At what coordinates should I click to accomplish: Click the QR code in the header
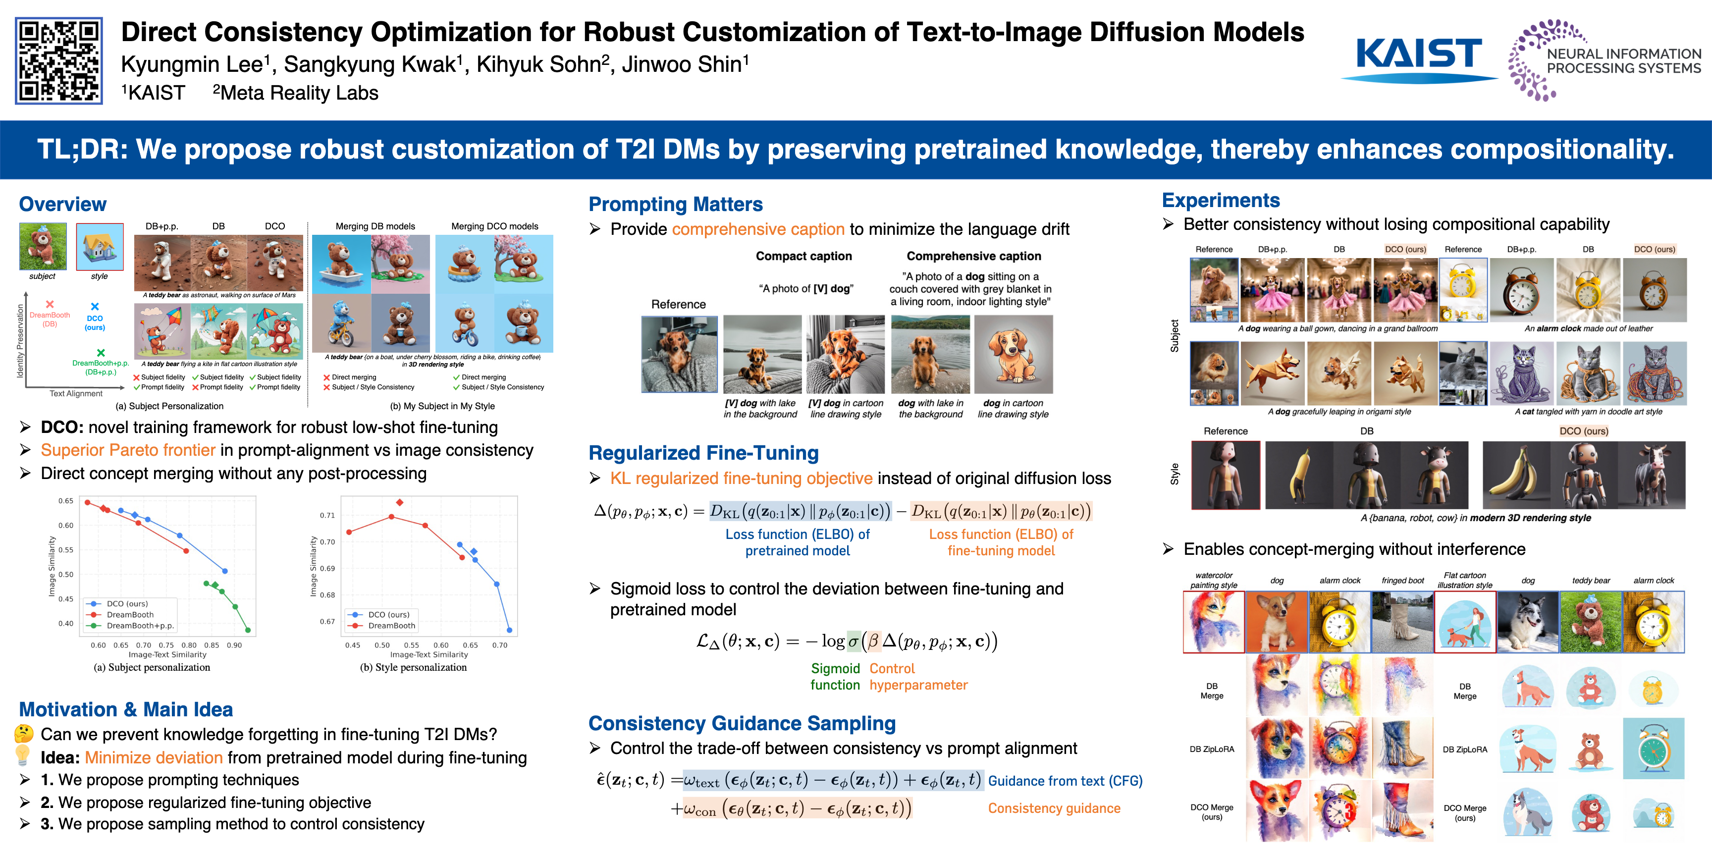[58, 60]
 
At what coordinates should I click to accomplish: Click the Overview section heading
[62, 204]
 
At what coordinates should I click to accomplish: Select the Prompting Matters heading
[675, 204]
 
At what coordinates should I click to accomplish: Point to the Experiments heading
[1221, 200]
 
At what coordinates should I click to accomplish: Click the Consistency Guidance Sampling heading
[742, 723]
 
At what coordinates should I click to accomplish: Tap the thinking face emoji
[24, 734]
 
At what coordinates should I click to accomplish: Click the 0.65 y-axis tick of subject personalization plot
[66, 500]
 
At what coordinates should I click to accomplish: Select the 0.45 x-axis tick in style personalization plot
[352, 644]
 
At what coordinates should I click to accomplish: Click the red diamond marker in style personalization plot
[399, 502]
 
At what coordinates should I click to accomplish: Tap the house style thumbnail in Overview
[100, 247]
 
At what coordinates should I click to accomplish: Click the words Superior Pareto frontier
[128, 450]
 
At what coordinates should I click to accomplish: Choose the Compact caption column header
[803, 256]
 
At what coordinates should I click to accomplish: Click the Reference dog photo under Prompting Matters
[679, 354]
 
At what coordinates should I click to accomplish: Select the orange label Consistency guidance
[1054, 808]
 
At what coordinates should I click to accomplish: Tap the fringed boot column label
[1402, 580]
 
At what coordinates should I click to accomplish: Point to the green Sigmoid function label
[835, 677]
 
